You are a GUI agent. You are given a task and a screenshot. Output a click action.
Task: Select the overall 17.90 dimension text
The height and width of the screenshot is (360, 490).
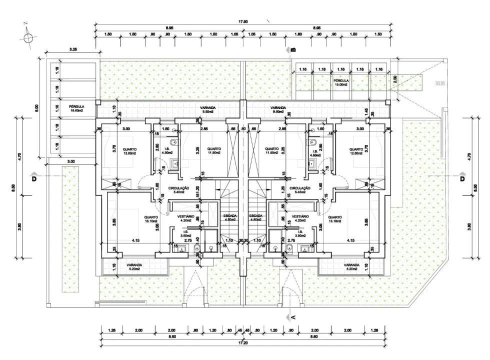point(243,21)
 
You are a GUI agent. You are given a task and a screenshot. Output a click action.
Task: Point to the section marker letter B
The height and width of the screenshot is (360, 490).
point(293,50)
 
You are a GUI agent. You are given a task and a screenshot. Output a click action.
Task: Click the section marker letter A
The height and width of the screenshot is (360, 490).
point(293,316)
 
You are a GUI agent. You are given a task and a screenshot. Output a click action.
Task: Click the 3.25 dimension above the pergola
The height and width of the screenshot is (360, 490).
point(73,49)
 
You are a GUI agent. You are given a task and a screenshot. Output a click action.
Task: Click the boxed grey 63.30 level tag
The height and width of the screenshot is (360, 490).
point(440,83)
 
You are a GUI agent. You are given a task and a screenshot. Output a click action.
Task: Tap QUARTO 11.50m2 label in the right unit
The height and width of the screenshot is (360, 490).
point(272,151)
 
